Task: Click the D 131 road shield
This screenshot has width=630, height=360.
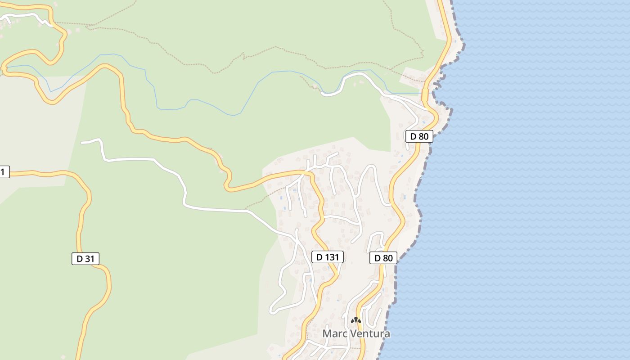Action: [x=328, y=257]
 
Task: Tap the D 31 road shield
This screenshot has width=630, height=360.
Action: [x=85, y=259]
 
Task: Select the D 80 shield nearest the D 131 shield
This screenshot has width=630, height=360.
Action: [x=383, y=258]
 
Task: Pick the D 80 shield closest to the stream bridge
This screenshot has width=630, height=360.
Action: [x=419, y=136]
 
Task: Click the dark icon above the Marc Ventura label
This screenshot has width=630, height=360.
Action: [x=356, y=320]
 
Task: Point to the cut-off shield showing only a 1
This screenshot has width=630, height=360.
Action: [x=4, y=171]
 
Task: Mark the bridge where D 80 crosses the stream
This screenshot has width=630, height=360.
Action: [x=425, y=94]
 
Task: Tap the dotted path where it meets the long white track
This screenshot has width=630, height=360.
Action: [x=247, y=210]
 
